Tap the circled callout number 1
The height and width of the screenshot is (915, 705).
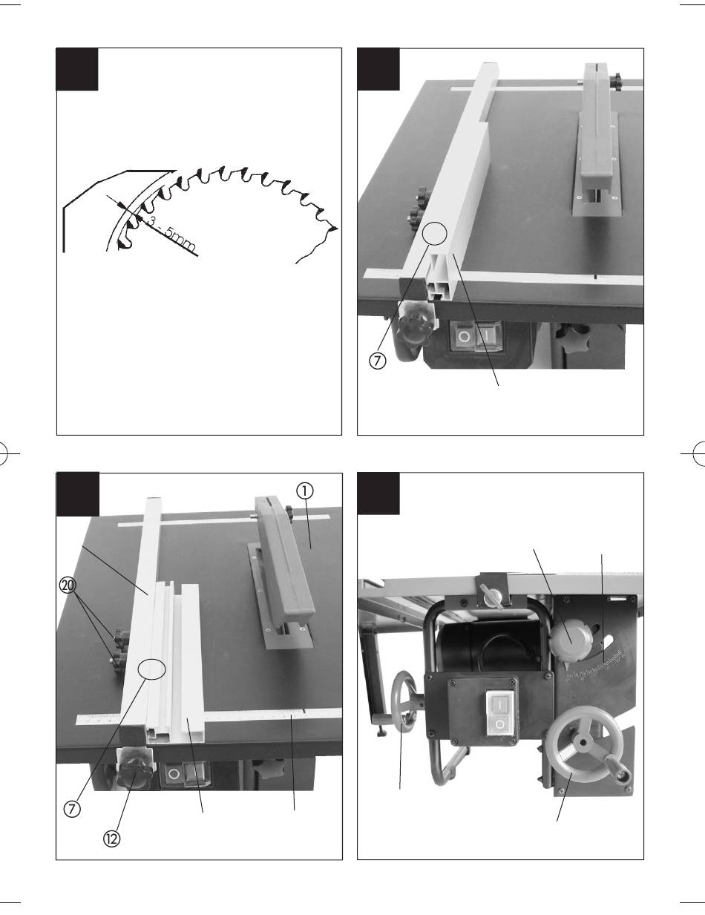[x=305, y=491]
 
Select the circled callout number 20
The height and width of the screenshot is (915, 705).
[x=68, y=586]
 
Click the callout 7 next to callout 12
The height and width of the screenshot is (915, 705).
[x=72, y=810]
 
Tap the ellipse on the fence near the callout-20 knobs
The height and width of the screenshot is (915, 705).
[x=151, y=669]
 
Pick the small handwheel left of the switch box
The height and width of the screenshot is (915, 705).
[x=403, y=702]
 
